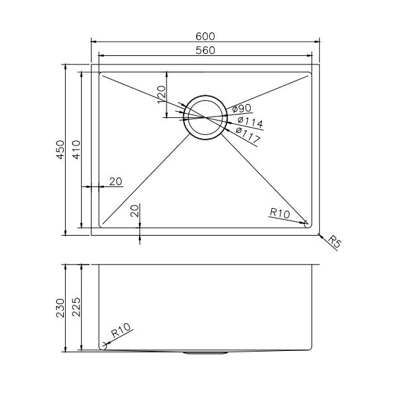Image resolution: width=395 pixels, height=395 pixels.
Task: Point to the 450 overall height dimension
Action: (59, 150)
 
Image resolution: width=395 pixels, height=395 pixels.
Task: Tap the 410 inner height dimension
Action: (76, 150)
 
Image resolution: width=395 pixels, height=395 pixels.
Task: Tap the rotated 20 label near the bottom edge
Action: (135, 211)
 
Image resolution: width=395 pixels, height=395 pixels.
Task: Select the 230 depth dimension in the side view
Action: (59, 307)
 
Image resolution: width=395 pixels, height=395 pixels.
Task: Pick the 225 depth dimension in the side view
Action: (76, 307)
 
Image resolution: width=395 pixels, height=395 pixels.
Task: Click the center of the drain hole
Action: (205, 117)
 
